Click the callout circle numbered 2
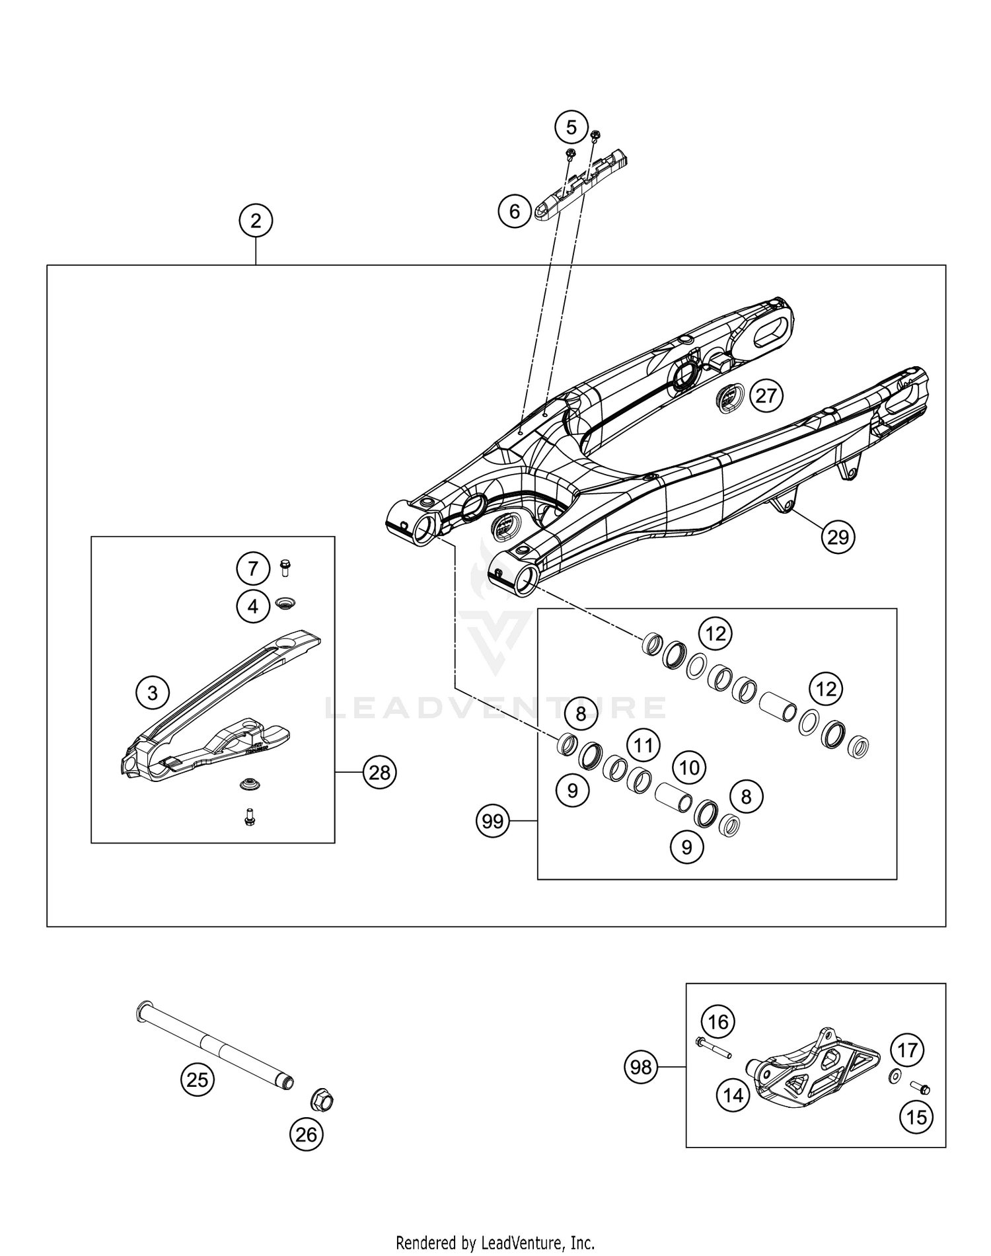point(256,221)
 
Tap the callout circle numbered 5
point(571,127)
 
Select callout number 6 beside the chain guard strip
point(515,212)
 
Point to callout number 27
point(766,396)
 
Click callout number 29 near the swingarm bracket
point(838,537)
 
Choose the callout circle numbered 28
point(379,772)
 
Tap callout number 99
point(493,822)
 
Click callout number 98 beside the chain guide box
point(641,1068)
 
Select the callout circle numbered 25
point(198,1080)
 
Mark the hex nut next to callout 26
point(322,1101)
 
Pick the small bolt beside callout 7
point(285,567)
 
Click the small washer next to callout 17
point(894,1078)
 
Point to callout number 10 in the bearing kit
point(689,767)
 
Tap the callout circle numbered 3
point(153,693)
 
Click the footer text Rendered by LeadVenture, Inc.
point(495,1243)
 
